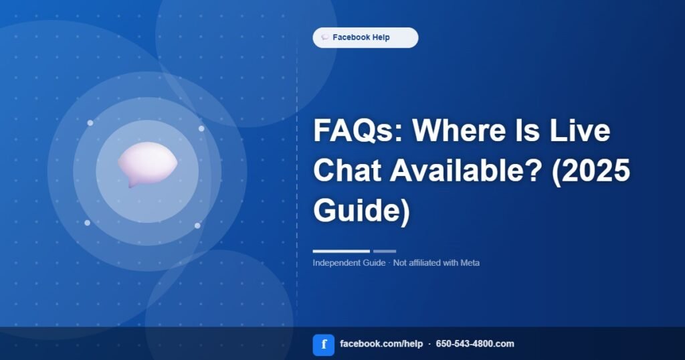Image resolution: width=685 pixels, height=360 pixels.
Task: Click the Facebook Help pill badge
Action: pyautogui.click(x=365, y=37)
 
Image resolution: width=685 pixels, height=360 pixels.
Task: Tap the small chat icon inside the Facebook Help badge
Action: pyautogui.click(x=325, y=37)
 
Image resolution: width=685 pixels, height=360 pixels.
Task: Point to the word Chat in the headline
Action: pyautogui.click(x=348, y=170)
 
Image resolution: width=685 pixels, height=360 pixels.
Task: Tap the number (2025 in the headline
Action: pyautogui.click(x=591, y=170)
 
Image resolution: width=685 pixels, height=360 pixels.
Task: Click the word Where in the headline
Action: pyautogui.click(x=456, y=130)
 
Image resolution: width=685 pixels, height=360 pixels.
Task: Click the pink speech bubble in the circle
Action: pyautogui.click(x=147, y=164)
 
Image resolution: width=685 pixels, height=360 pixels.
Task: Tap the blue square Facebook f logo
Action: pyautogui.click(x=324, y=345)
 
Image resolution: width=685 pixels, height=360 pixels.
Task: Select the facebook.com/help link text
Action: pyautogui.click(x=381, y=344)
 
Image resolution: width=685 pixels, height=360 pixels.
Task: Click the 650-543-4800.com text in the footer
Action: pyautogui.click(x=475, y=344)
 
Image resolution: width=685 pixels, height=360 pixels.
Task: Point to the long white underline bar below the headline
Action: pyautogui.click(x=341, y=251)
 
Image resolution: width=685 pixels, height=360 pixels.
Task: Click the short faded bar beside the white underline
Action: pyautogui.click(x=385, y=251)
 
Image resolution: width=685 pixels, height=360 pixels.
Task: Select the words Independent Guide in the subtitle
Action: pyautogui.click(x=349, y=263)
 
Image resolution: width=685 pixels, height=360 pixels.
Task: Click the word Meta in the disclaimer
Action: pyautogui.click(x=470, y=263)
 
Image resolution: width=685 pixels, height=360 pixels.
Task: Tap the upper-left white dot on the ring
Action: pyautogui.click(x=90, y=122)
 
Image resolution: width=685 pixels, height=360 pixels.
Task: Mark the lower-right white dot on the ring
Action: pyautogui.click(x=197, y=226)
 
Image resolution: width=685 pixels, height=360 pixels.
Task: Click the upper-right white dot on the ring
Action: pyautogui.click(x=201, y=128)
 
